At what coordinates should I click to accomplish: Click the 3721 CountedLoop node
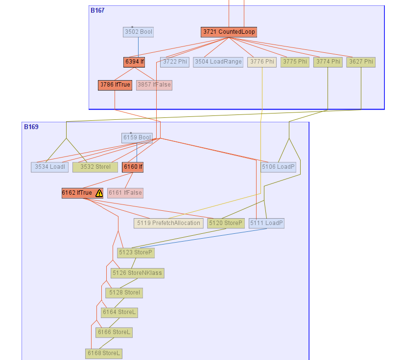(229, 32)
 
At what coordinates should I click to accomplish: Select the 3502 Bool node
(138, 32)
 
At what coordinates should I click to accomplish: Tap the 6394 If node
(134, 62)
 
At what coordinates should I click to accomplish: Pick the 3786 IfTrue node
(115, 85)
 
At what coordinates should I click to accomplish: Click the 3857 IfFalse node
(154, 85)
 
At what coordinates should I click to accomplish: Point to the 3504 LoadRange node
(218, 62)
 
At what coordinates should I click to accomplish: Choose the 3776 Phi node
(262, 62)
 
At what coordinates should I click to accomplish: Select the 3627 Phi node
(361, 62)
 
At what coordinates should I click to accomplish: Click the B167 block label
(97, 10)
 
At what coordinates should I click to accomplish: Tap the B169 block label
(31, 127)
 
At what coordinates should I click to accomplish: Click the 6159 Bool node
(137, 137)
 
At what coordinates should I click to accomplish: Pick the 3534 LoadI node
(49, 167)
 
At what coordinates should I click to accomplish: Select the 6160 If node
(133, 167)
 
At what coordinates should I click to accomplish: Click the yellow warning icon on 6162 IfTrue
(99, 193)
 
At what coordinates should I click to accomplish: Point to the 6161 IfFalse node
(125, 193)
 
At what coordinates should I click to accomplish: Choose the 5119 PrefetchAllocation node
(168, 223)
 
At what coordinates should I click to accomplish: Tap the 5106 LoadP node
(279, 167)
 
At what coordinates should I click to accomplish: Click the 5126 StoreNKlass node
(137, 273)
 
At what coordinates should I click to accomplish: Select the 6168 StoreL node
(104, 353)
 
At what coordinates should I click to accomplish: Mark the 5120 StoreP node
(225, 223)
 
